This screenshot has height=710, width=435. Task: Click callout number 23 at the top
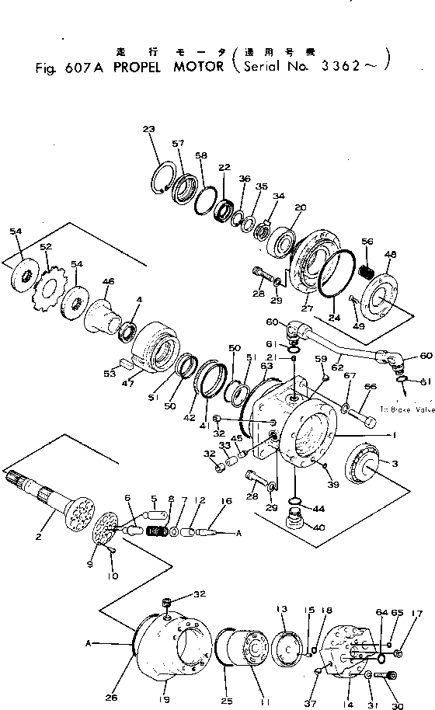149,129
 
